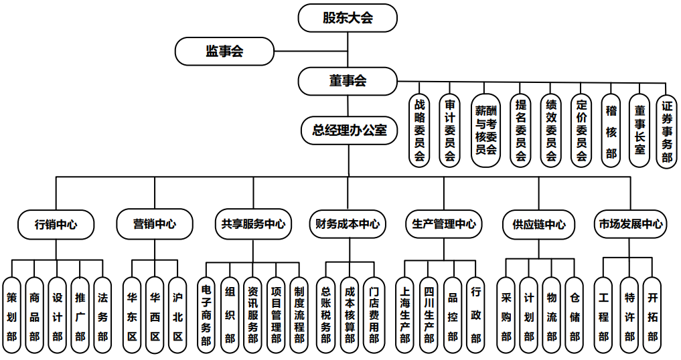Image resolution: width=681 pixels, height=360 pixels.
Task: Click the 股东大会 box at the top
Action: [348, 17]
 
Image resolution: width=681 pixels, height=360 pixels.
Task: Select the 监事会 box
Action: [224, 52]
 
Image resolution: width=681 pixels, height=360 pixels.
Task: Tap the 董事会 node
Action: [348, 81]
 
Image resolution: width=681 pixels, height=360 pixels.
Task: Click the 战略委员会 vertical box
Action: [420, 130]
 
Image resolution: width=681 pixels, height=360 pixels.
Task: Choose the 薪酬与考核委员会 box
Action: [485, 130]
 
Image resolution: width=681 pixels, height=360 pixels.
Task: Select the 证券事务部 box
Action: [666, 130]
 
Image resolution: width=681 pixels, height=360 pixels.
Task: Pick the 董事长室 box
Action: [639, 130]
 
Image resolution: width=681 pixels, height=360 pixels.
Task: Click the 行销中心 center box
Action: [56, 224]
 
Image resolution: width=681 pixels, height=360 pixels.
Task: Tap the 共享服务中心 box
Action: [253, 224]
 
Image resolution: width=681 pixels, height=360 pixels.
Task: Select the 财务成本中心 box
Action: [348, 224]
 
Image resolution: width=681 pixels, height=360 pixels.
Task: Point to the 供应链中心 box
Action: [538, 224]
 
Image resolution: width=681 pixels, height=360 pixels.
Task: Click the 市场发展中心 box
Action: [630, 224]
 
